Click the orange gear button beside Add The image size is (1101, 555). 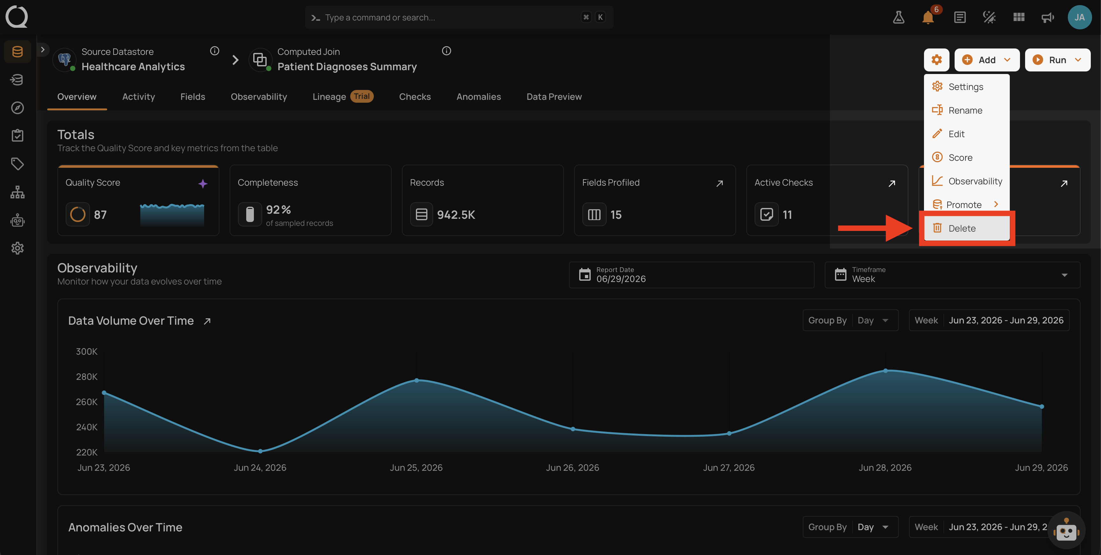[936, 60]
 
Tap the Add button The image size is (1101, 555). [986, 60]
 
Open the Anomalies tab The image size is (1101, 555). [478, 97]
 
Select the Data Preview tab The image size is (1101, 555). [554, 97]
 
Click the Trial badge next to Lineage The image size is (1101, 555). [362, 96]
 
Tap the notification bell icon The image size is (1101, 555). [928, 18]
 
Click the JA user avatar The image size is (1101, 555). [1080, 17]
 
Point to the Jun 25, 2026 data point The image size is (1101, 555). [417, 380]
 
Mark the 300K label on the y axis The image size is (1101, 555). [87, 352]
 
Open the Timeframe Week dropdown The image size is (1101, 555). [952, 275]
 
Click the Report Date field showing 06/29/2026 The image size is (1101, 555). [691, 275]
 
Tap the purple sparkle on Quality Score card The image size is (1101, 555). [203, 184]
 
